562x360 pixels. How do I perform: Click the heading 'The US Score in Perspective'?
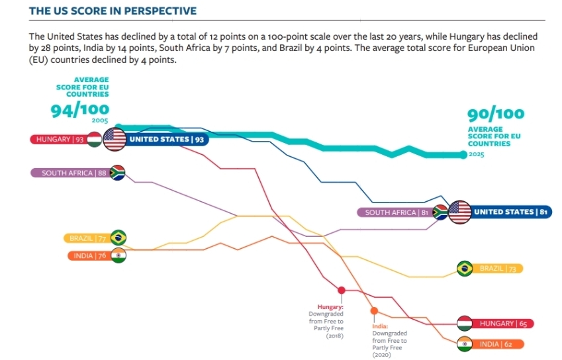[113, 11]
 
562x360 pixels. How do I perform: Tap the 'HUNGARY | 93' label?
[60, 140]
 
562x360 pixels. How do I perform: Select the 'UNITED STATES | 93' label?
[167, 140]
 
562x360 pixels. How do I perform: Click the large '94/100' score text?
[80, 111]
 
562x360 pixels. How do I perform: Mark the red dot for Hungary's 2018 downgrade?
[342, 290]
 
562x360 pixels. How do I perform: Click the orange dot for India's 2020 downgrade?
[374, 310]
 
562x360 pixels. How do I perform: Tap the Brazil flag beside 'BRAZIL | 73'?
[465, 269]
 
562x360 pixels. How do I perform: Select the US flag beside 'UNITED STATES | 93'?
[114, 140]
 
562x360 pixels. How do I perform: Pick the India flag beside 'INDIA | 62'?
[465, 344]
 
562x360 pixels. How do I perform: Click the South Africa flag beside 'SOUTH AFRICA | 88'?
[117, 173]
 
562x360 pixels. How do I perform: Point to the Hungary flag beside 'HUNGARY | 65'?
[465, 324]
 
